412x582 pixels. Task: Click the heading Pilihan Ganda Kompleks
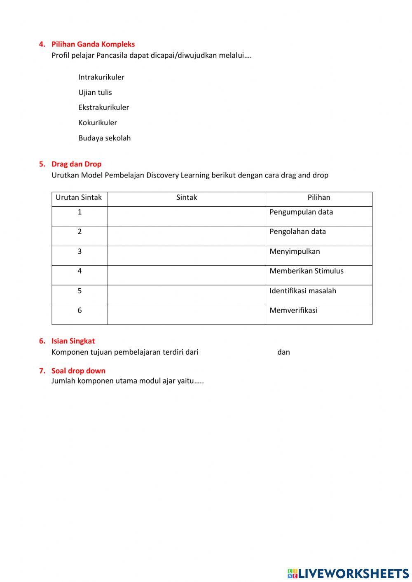tap(93, 44)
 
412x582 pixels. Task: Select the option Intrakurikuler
tap(101, 77)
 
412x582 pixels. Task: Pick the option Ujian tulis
tap(95, 92)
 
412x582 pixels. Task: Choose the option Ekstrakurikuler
tap(104, 108)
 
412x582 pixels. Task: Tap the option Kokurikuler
tap(98, 123)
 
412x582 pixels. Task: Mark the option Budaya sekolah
tap(105, 138)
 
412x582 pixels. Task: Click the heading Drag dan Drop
tap(76, 164)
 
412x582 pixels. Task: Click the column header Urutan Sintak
tap(79, 197)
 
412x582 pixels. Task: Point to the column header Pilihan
tap(318, 197)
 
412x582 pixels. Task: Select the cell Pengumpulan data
tap(301, 212)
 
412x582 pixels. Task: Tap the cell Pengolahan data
tap(297, 231)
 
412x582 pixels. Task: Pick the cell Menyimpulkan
tap(295, 251)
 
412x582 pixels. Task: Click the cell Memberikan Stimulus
tap(306, 271)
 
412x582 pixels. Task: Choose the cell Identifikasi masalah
tap(302, 291)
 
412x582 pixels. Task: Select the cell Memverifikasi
tap(293, 311)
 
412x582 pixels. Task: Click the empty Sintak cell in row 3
tap(186, 255)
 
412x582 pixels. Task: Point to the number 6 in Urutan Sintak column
tap(80, 311)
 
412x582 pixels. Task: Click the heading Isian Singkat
tap(73, 341)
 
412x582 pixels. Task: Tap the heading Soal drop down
tap(78, 371)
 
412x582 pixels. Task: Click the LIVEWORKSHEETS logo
tap(348, 573)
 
